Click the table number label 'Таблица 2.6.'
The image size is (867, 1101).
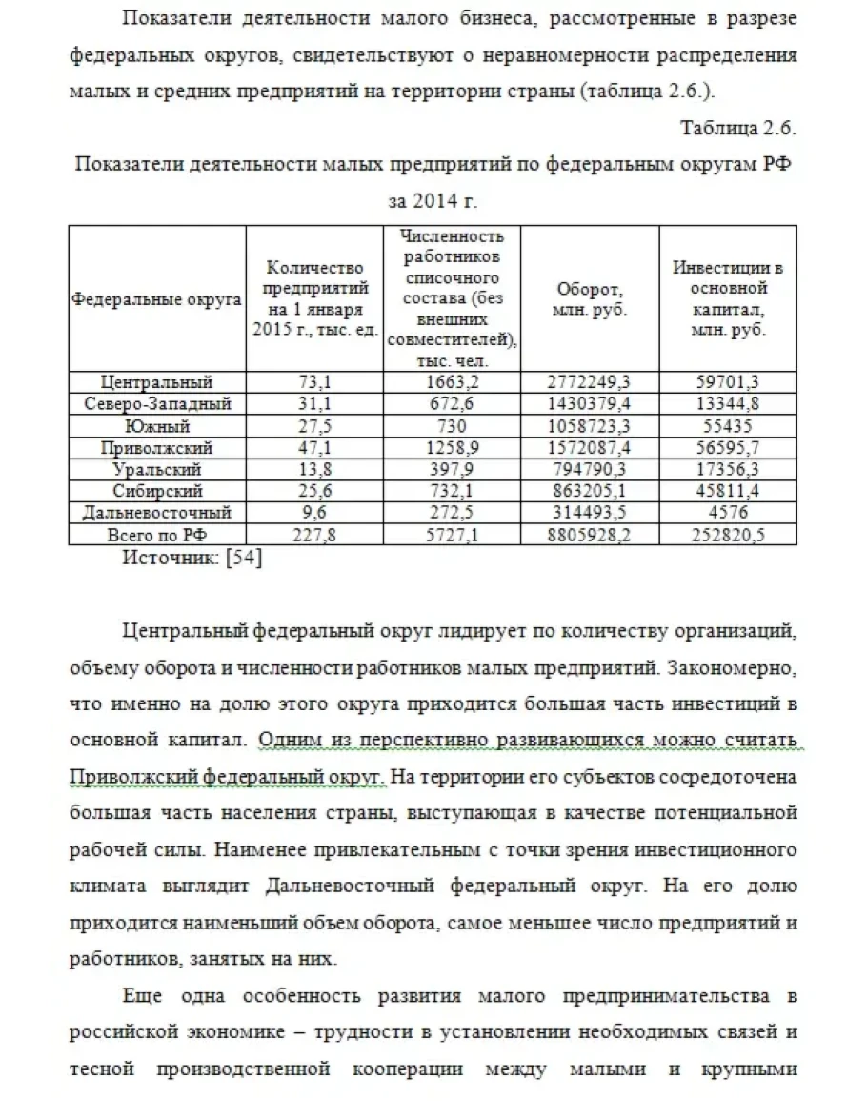click(737, 128)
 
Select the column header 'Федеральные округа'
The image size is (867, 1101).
click(156, 299)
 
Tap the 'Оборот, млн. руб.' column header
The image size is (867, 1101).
click(590, 299)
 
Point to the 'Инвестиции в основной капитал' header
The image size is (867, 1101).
click(728, 298)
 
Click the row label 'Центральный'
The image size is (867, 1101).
click(156, 382)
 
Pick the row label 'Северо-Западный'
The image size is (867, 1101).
click(156, 404)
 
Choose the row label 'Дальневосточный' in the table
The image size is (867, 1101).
click(156, 514)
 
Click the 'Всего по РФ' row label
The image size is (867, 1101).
click(156, 535)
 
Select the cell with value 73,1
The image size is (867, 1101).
click(314, 382)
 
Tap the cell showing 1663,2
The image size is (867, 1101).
click(454, 382)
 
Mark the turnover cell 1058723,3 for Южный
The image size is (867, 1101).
click(590, 426)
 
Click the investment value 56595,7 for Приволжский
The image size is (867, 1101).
click(728, 448)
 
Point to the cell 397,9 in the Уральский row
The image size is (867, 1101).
click(454, 470)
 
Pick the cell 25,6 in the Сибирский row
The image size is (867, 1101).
click(314, 492)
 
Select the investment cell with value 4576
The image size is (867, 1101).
click(728, 514)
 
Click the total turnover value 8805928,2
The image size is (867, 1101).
click(590, 535)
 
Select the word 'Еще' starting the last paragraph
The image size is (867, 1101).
click(143, 996)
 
